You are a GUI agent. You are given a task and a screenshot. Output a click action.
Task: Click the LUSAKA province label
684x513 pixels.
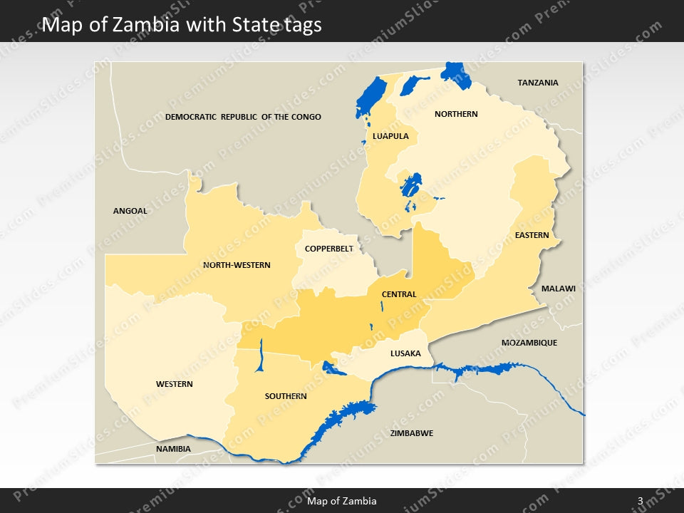coord(405,353)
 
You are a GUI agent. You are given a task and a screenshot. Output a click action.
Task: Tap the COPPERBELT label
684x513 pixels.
coord(328,249)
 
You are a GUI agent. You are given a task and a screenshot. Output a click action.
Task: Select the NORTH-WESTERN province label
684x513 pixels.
coord(237,265)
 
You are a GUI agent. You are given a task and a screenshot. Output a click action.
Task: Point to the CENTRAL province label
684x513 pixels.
coord(399,294)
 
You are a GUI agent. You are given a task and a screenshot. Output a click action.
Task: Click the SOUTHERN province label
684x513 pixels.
coord(286,396)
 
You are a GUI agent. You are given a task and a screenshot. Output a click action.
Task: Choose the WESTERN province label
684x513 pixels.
coord(175,384)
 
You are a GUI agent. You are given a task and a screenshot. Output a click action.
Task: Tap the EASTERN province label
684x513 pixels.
coord(532,235)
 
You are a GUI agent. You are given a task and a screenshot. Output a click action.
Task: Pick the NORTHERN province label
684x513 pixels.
coord(456,114)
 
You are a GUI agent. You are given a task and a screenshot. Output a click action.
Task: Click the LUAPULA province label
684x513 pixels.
coord(390,135)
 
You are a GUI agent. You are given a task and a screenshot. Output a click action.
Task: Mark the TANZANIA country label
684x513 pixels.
coord(538,83)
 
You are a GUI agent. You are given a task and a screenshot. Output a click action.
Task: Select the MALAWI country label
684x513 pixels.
coord(558,289)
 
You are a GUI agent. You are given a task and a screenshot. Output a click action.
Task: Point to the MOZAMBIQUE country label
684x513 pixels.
coord(529,343)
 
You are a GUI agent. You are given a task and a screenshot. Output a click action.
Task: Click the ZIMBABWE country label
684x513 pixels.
coord(412,433)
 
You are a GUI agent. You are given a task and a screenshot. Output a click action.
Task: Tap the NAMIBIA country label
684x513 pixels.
coord(173,449)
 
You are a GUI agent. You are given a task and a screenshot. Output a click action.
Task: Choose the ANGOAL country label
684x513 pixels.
coord(130,211)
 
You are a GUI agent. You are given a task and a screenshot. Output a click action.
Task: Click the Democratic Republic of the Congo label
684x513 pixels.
coord(243,117)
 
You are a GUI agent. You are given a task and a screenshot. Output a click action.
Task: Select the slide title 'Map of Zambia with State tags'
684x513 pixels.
coord(182,25)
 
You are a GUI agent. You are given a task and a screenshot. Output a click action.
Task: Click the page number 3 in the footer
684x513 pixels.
coord(640,502)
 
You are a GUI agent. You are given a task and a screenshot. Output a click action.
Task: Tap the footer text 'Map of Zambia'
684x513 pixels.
coord(342,502)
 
